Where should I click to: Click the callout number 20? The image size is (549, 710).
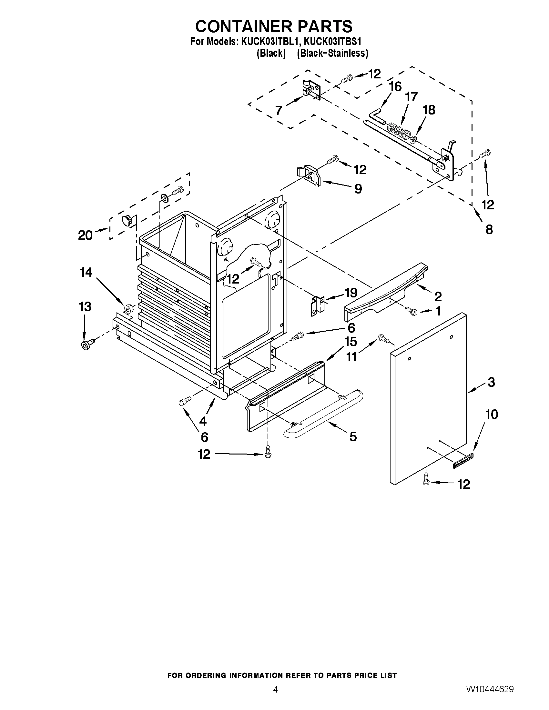(85, 235)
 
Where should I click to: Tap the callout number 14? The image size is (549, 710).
(86, 273)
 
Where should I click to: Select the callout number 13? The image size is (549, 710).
(85, 306)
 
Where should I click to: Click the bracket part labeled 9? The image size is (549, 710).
(309, 175)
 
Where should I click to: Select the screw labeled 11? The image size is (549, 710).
(383, 339)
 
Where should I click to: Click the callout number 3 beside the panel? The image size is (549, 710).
(491, 382)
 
